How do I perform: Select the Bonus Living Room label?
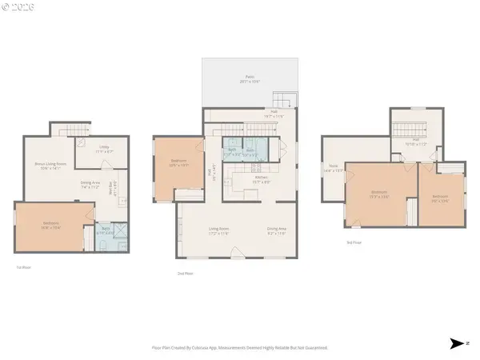tap(50, 167)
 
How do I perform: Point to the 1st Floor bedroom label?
tap(50, 225)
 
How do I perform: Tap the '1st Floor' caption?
tap(24, 267)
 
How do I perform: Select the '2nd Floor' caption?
tap(186, 274)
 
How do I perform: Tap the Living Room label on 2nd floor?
tap(219, 232)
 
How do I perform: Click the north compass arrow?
tap(458, 344)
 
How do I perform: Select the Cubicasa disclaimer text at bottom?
tap(239, 347)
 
